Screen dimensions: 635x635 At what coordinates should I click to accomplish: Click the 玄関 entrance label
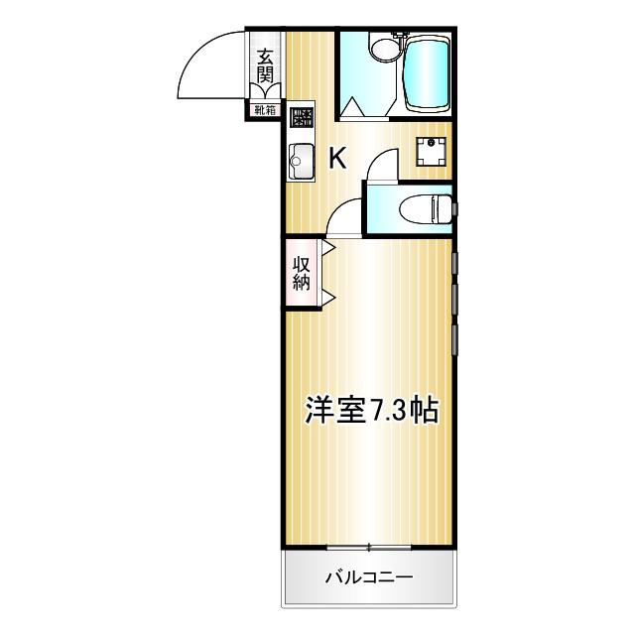click(x=265, y=65)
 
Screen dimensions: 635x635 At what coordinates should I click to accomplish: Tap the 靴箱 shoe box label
click(x=265, y=110)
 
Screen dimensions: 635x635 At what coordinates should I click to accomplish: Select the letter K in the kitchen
click(x=337, y=159)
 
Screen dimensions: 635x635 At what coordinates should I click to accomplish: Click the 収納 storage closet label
click(x=302, y=274)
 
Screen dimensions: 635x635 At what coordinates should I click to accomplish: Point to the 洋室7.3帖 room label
click(x=371, y=411)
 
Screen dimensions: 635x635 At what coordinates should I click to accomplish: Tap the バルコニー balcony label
click(x=369, y=577)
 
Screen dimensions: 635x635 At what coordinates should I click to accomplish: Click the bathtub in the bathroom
click(x=427, y=75)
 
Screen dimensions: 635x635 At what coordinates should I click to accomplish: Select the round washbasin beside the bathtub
click(x=386, y=50)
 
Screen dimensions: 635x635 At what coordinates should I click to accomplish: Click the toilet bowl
click(x=426, y=209)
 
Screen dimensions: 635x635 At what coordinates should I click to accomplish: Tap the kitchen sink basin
click(x=301, y=162)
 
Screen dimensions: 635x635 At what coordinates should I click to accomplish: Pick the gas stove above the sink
click(x=302, y=117)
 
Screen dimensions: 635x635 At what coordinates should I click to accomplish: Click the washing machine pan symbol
click(x=431, y=152)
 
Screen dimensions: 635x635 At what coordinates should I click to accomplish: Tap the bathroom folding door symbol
click(x=368, y=107)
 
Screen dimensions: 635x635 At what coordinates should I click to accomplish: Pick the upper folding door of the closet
click(x=328, y=247)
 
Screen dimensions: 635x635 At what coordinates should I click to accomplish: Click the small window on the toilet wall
click(x=455, y=209)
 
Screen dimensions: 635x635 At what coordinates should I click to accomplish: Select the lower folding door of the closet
click(x=328, y=297)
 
